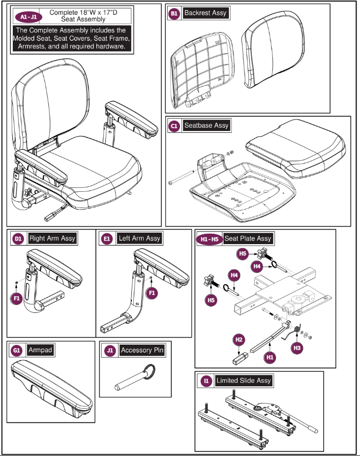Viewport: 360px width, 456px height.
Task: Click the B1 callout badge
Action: click(x=174, y=13)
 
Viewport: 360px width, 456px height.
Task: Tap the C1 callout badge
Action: click(x=174, y=126)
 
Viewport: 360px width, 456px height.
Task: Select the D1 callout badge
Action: click(x=18, y=239)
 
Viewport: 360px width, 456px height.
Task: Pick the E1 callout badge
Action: click(x=107, y=239)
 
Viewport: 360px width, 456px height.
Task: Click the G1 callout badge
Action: click(x=16, y=350)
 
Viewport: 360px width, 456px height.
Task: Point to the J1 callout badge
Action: click(x=110, y=350)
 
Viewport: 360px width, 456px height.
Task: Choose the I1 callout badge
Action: click(x=206, y=381)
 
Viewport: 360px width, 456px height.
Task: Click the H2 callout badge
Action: click(x=239, y=339)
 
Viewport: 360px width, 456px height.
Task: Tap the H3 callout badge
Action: click(x=297, y=348)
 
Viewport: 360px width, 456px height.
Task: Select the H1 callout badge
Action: click(x=270, y=357)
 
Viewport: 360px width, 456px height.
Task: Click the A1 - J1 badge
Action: click(x=29, y=17)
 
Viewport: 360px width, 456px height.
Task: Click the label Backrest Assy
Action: click(x=205, y=13)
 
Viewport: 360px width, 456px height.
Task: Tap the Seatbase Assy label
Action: click(x=207, y=125)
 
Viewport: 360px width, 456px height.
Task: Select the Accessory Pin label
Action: click(x=142, y=350)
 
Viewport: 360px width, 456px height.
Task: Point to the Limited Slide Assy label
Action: click(x=243, y=381)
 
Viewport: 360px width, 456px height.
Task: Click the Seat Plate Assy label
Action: click(x=248, y=239)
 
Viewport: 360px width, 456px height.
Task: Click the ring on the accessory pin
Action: click(x=150, y=371)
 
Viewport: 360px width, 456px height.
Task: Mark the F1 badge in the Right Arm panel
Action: click(x=17, y=298)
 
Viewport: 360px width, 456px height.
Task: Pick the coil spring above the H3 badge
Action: click(x=297, y=329)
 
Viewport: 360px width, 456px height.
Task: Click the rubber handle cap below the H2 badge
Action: click(x=240, y=358)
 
